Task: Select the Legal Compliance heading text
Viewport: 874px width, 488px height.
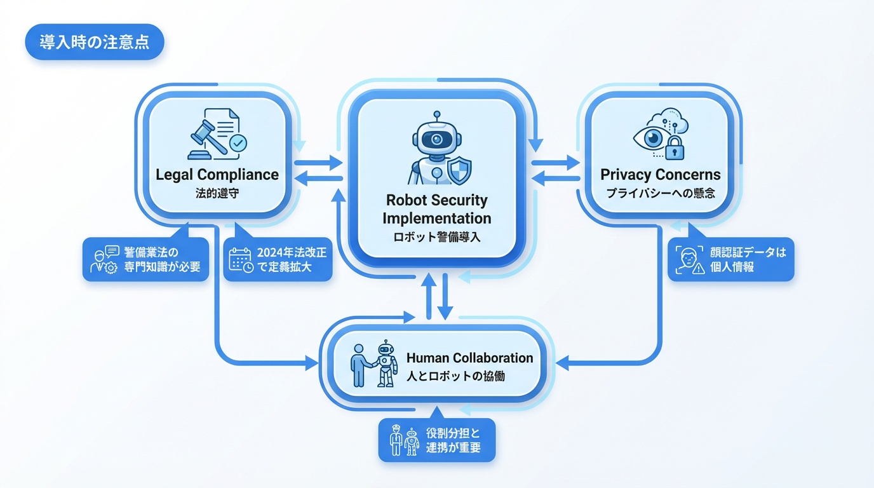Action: [x=217, y=175]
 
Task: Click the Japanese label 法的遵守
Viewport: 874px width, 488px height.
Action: [x=217, y=193]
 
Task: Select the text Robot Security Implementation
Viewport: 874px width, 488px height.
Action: [x=436, y=209]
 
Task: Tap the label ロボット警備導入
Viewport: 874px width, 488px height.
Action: [x=436, y=237]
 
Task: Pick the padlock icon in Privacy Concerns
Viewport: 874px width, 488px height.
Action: [x=675, y=149]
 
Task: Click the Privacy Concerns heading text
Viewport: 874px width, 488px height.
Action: [x=661, y=175]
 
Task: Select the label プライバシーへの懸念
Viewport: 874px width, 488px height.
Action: [x=661, y=193]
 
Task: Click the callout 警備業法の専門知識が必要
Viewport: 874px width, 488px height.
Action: [x=146, y=259]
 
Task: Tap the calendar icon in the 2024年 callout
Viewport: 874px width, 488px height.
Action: [x=241, y=260]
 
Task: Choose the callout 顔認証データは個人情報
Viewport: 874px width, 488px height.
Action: [x=731, y=259]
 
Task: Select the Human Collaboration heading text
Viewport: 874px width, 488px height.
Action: [x=469, y=358]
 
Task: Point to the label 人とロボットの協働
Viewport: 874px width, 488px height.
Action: [x=455, y=376]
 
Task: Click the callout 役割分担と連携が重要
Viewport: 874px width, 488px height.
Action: [x=437, y=440]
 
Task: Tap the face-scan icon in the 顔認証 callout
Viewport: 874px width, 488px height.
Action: [x=688, y=260]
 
